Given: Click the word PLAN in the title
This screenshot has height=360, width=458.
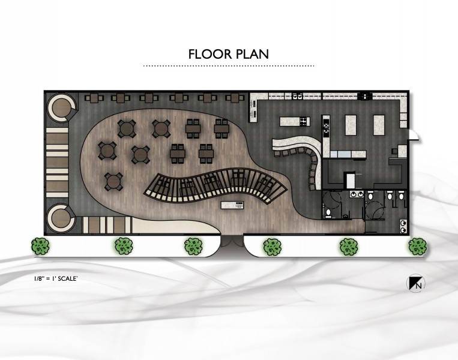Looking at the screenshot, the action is (x=253, y=54).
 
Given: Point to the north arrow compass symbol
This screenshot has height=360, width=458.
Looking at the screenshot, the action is (x=415, y=283).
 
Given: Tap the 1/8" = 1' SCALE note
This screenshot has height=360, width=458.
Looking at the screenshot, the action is (x=56, y=278).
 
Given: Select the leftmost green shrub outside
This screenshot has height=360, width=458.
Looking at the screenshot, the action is (x=40, y=246).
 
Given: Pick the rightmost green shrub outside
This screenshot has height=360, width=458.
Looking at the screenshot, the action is (x=417, y=247).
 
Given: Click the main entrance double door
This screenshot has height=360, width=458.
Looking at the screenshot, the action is (x=232, y=241).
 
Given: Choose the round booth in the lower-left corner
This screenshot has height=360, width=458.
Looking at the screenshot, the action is (x=62, y=219).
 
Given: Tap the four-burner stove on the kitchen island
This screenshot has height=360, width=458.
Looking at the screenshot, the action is (x=304, y=121).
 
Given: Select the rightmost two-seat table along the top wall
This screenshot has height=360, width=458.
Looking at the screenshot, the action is (x=235, y=98).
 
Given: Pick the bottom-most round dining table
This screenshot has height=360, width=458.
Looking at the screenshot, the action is (x=114, y=181).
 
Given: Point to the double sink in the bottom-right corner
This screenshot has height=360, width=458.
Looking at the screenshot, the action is (x=403, y=227).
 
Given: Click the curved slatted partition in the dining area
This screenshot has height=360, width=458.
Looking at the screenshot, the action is (x=215, y=187).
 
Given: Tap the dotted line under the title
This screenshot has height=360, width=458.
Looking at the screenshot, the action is (x=229, y=66).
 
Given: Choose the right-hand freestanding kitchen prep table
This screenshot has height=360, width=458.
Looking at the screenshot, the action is (x=379, y=125).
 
